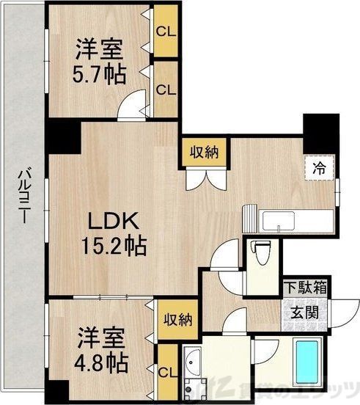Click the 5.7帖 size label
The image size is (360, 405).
tap(100, 73)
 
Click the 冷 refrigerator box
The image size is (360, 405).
tap(321, 167)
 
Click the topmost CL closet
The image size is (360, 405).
tap(166, 32)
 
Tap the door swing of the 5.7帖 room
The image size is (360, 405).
tap(132, 107)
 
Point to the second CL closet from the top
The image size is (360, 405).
tap(166, 90)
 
